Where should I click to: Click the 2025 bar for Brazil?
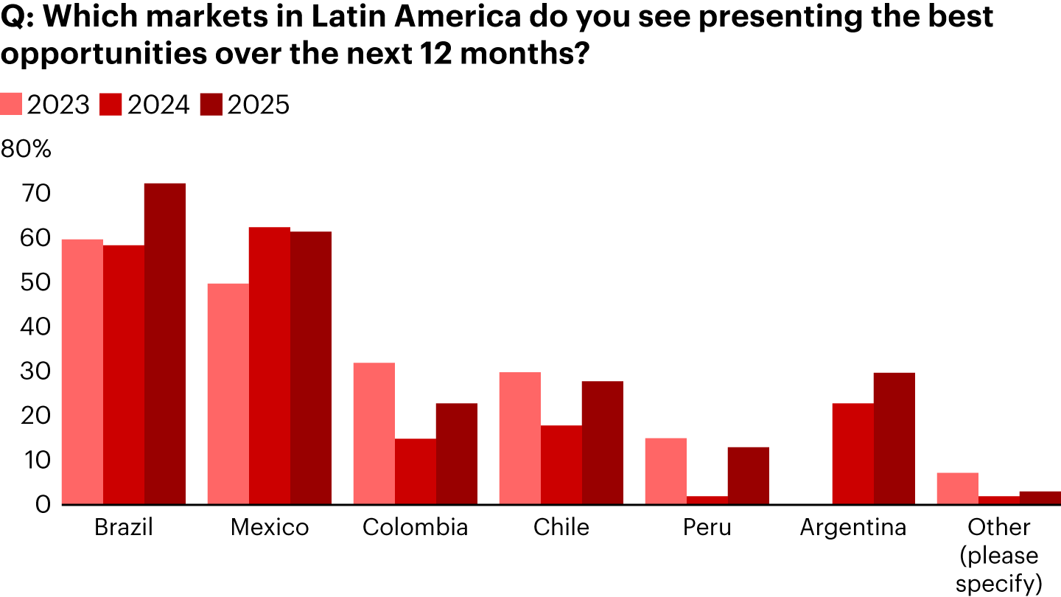click(165, 343)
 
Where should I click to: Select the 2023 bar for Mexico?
click(228, 394)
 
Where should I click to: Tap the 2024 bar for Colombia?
click(416, 472)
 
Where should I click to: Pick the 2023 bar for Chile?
click(520, 438)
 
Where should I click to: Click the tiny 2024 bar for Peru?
click(707, 500)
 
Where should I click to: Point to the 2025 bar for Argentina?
click(894, 439)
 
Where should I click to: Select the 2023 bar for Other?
click(958, 489)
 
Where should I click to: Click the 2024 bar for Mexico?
click(270, 366)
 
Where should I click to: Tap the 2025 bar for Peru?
click(749, 475)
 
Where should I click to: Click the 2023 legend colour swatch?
click(11, 105)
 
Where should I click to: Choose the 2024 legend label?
click(158, 105)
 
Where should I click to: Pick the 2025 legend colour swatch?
click(211, 105)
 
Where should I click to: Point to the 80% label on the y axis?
click(26, 150)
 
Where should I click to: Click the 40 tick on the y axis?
click(35, 327)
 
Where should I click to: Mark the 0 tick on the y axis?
click(43, 504)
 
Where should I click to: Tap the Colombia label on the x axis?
click(416, 528)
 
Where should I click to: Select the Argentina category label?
click(853, 528)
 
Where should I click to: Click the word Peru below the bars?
click(707, 528)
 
